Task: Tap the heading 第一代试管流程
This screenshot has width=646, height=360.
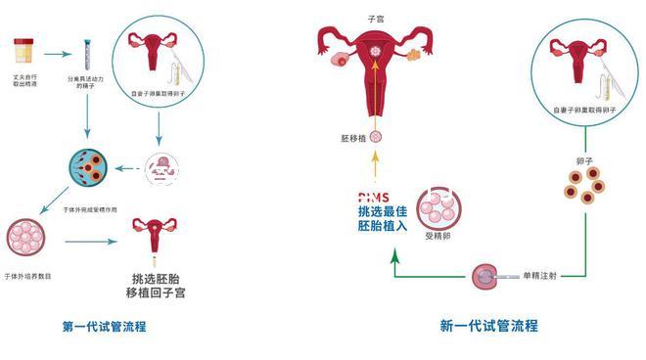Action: (103, 326)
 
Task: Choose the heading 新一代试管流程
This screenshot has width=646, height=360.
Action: (488, 326)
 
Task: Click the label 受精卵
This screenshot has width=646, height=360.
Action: (437, 236)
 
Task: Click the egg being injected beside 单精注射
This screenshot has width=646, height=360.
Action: (483, 278)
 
